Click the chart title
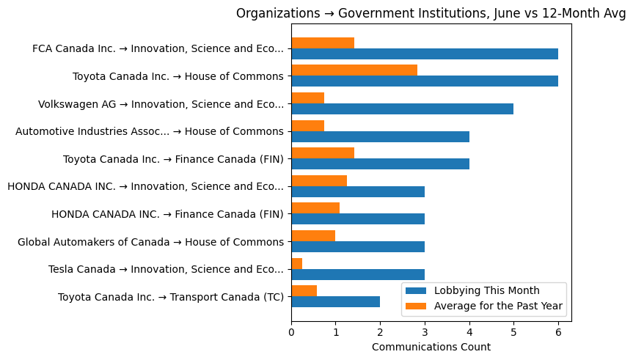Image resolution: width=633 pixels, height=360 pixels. point(431,13)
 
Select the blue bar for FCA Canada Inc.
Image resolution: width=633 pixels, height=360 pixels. point(424,54)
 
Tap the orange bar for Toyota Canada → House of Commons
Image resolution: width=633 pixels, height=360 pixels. point(354,70)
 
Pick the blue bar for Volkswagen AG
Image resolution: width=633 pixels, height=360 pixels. point(402,109)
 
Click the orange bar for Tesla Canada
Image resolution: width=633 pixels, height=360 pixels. point(296,263)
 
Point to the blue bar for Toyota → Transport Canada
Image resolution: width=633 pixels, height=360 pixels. point(335,301)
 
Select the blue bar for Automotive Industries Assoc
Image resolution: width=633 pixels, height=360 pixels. point(380,136)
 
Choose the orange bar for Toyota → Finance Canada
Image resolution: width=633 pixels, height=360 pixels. point(323,153)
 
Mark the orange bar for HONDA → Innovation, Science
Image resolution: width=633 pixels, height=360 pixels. point(319,180)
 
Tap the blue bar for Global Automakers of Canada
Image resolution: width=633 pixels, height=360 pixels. point(357,246)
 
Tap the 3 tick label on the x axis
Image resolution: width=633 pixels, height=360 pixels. point(425,331)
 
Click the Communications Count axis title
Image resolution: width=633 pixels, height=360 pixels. point(431,347)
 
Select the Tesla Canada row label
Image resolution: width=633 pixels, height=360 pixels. point(166,269)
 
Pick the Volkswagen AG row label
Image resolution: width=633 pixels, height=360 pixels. point(161,104)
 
